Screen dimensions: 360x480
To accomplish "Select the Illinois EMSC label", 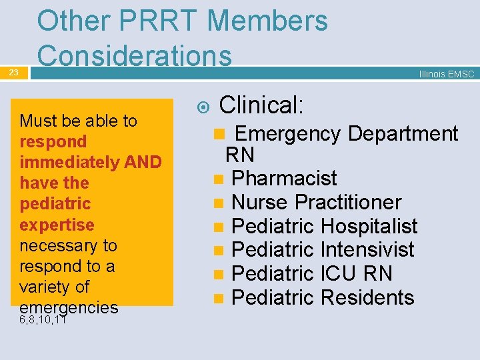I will [x=446, y=74].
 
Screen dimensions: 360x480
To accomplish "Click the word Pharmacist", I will [x=284, y=178].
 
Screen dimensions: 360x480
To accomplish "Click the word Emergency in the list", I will [x=289, y=133].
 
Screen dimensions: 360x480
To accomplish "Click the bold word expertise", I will [x=57, y=224].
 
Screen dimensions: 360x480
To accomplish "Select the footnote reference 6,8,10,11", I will [x=43, y=320].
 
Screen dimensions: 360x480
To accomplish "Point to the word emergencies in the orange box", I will [x=69, y=307].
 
